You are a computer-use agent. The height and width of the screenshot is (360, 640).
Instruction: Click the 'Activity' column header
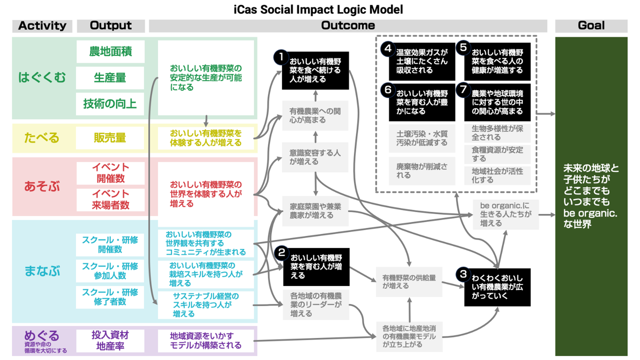[42, 26]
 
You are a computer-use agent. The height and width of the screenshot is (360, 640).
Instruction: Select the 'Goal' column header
[591, 26]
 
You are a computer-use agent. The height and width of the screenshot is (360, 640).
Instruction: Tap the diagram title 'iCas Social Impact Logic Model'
[318, 9]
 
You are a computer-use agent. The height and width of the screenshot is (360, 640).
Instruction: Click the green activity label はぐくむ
[42, 77]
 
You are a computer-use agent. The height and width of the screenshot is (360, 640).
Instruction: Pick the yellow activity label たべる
[42, 138]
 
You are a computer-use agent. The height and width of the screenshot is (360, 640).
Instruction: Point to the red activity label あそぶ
[42, 186]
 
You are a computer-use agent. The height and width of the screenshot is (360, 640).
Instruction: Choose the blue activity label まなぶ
[42, 271]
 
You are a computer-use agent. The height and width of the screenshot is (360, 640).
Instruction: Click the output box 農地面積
[110, 52]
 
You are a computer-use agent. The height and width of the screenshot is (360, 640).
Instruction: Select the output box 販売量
[110, 138]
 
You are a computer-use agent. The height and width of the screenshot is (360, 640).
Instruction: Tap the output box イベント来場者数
[110, 199]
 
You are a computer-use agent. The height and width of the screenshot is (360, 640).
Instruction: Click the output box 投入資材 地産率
[110, 341]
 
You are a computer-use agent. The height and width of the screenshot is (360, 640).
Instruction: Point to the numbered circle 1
[281, 57]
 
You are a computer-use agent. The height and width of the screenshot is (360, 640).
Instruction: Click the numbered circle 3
[463, 274]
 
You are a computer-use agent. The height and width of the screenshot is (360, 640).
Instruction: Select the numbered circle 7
[463, 89]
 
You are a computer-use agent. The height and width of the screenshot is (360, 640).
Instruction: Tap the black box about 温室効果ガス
[422, 62]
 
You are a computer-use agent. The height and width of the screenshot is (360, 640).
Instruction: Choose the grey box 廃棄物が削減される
[422, 171]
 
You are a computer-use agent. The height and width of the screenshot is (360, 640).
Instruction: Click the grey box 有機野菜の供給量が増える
[409, 282]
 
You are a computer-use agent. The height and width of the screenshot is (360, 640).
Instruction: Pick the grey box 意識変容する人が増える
[315, 157]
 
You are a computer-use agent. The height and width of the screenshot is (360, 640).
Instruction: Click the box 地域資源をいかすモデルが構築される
[206, 341]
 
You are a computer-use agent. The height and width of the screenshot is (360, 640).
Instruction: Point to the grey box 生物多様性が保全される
[497, 133]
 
